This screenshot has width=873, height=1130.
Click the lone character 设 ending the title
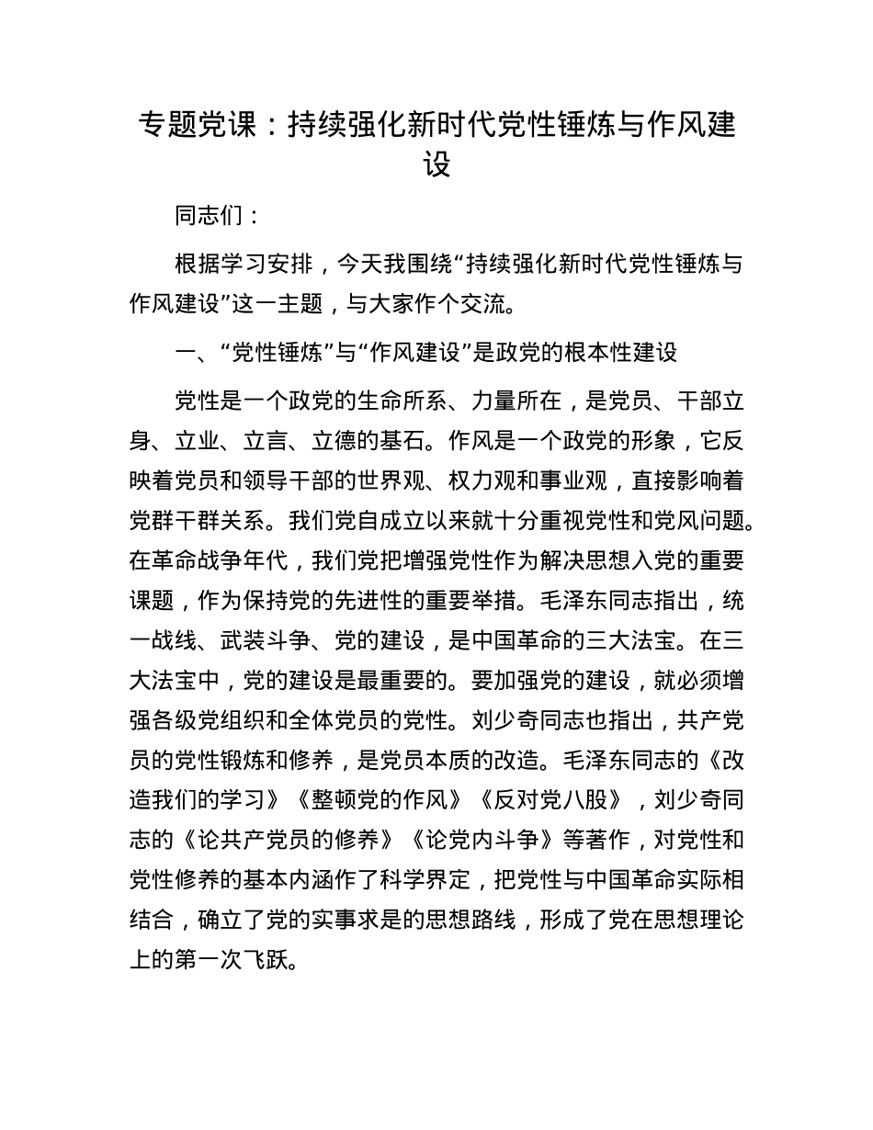click(436, 165)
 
